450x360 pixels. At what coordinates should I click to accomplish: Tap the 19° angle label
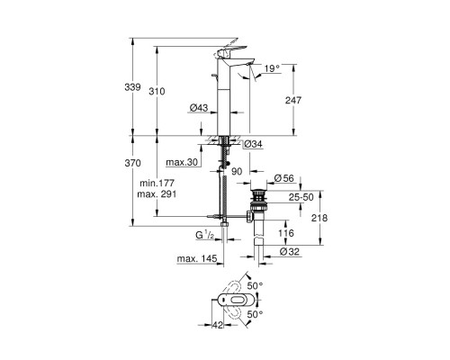(x=273, y=67)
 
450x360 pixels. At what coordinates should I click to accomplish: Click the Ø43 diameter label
(x=199, y=109)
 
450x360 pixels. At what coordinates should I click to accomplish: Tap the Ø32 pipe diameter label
(x=289, y=252)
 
